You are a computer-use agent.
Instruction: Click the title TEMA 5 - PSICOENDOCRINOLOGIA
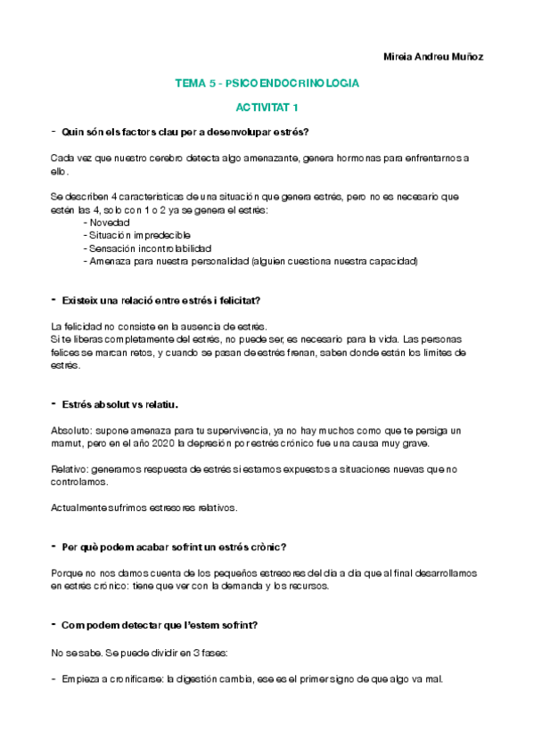(267, 83)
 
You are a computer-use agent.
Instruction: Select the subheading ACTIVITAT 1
(267, 107)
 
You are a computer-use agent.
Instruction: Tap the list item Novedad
(110, 222)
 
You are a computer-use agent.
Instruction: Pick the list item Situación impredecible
(139, 235)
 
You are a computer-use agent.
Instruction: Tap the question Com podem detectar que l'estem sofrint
(160, 625)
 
